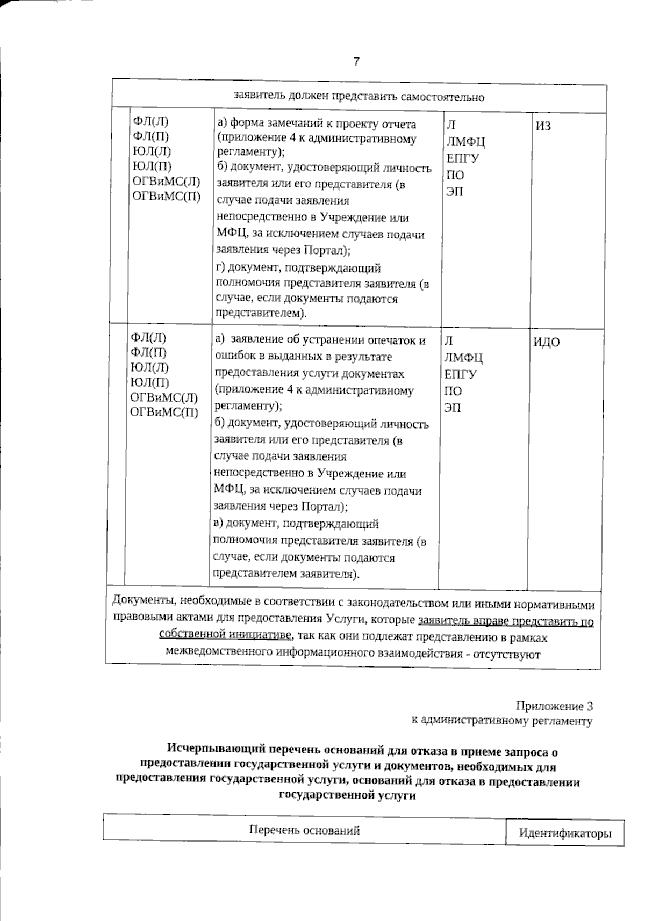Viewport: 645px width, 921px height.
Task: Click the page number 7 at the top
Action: [356, 62]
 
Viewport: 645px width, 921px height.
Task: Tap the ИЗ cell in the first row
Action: [543, 127]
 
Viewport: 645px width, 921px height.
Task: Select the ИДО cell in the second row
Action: [547, 343]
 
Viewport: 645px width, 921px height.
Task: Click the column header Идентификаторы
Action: [565, 833]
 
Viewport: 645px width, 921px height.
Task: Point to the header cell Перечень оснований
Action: [304, 830]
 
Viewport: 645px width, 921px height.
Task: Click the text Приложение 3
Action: [554, 706]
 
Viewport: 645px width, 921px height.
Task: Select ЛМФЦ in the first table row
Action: [466, 142]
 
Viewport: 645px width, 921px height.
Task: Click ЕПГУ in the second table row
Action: [461, 374]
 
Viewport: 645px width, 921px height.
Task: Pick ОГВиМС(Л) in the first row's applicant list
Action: [167, 182]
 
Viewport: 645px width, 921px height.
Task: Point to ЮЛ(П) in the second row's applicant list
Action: [150, 382]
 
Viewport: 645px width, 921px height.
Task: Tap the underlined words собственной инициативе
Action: [226, 634]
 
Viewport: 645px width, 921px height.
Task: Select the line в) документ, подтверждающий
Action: [296, 523]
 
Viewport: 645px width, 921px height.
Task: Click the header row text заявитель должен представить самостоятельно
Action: [359, 97]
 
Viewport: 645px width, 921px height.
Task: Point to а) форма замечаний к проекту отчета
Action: [317, 124]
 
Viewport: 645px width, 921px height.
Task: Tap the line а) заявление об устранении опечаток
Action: [320, 340]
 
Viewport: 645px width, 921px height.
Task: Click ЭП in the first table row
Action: [455, 191]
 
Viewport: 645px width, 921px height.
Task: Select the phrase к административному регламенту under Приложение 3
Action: [501, 721]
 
